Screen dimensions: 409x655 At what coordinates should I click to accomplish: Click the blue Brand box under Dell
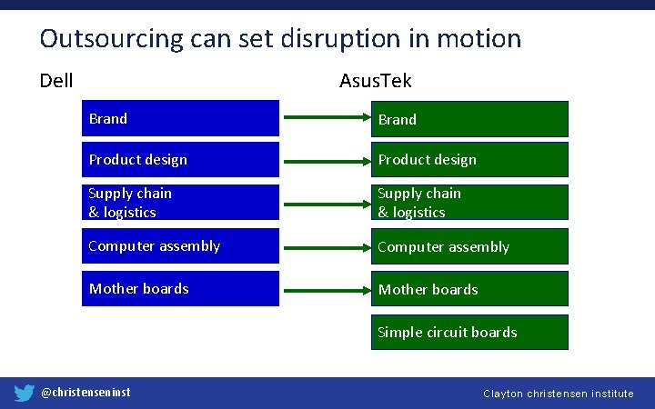pyautogui.click(x=180, y=118)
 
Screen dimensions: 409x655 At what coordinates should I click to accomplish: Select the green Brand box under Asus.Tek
pyautogui.click(x=469, y=119)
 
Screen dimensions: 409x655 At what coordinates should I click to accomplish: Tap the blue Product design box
pyautogui.click(x=180, y=160)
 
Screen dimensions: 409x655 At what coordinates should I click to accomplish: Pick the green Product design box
pyautogui.click(x=469, y=160)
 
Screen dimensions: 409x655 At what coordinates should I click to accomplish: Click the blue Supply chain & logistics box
pyautogui.click(x=180, y=203)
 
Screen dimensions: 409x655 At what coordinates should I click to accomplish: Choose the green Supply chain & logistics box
pyautogui.click(x=469, y=203)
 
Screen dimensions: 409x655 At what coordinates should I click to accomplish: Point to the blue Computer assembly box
pyautogui.click(x=180, y=245)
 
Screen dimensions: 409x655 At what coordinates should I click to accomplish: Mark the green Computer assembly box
pyautogui.click(x=469, y=246)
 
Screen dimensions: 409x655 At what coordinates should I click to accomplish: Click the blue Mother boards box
pyautogui.click(x=180, y=288)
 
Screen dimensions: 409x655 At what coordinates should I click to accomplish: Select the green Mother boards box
pyautogui.click(x=469, y=289)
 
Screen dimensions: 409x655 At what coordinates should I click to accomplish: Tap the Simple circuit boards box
pyautogui.click(x=469, y=332)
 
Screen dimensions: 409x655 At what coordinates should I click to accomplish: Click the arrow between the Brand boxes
pyautogui.click(x=324, y=118)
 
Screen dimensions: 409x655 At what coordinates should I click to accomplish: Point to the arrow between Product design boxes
pyautogui.click(x=324, y=160)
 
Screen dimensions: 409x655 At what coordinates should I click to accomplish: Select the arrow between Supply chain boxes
pyautogui.click(x=324, y=203)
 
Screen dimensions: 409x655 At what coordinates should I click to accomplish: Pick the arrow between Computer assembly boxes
pyautogui.click(x=324, y=245)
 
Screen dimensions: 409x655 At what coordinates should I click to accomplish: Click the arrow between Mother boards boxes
pyautogui.click(x=324, y=289)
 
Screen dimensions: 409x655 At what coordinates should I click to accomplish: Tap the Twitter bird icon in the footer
pyautogui.click(x=25, y=393)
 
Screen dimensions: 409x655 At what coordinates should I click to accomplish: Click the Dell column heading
pyautogui.click(x=56, y=81)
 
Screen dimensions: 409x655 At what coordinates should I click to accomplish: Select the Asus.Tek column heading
pyautogui.click(x=375, y=81)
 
